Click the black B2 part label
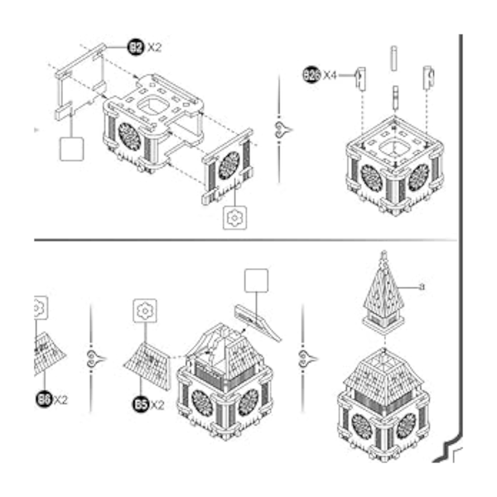click(136, 47)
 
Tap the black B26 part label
click(312, 75)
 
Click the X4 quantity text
click(330, 75)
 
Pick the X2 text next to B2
click(154, 47)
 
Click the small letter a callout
click(421, 287)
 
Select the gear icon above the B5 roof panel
click(144, 311)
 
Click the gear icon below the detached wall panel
click(235, 217)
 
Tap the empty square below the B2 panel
click(72, 149)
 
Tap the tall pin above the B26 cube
click(394, 62)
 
